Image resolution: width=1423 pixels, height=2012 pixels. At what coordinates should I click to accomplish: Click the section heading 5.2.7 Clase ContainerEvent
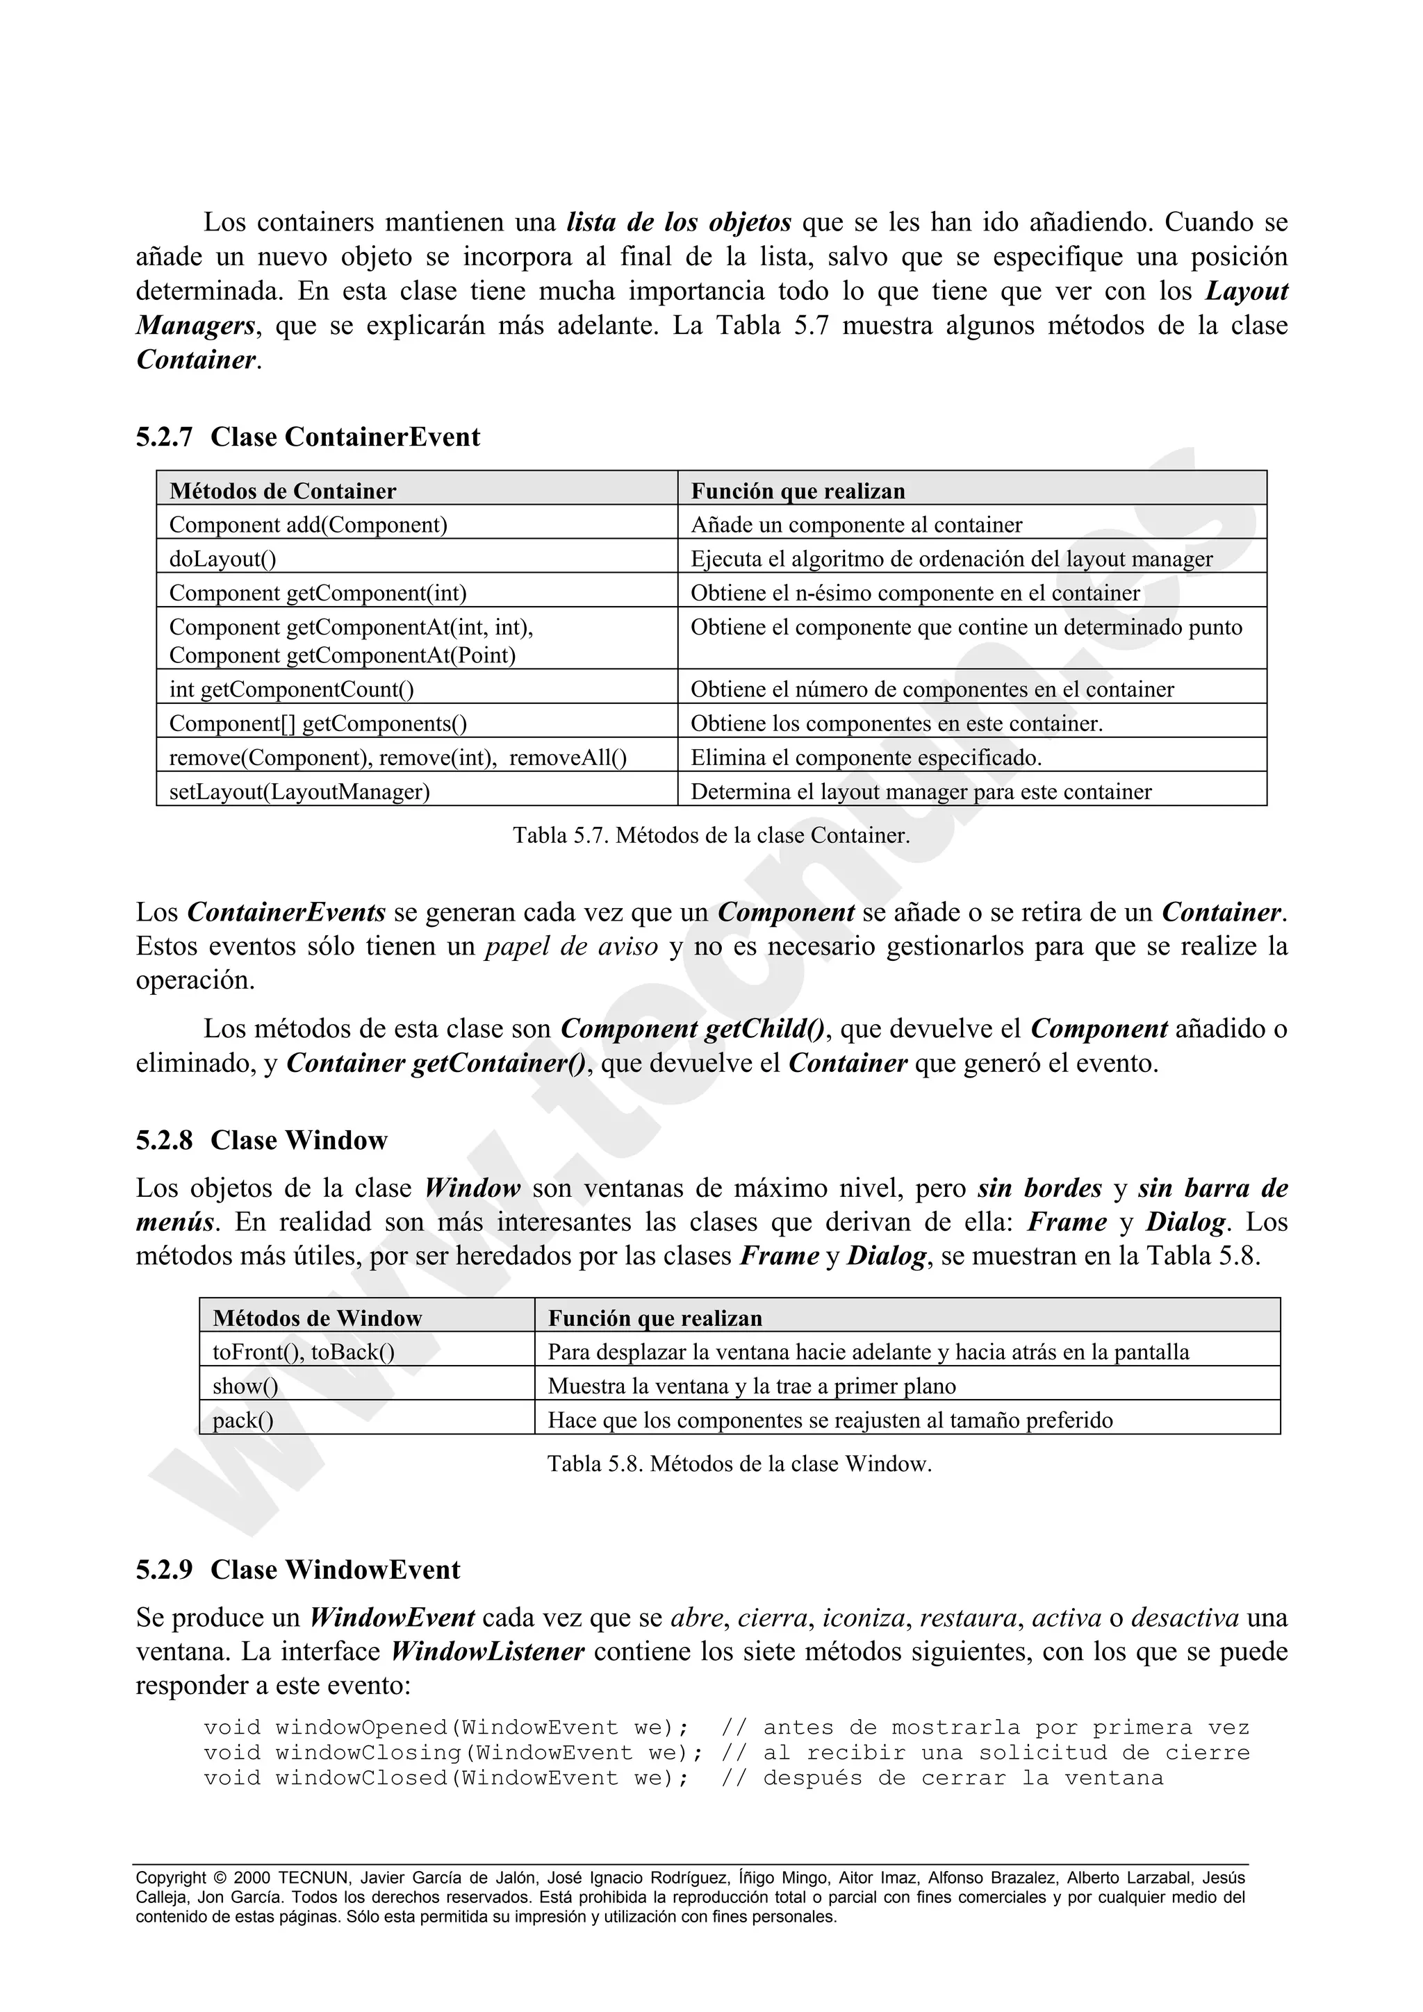[x=308, y=437]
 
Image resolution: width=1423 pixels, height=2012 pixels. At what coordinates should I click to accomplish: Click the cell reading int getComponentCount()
[x=291, y=689]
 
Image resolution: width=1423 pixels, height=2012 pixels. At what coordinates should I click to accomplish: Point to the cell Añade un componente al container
[x=856, y=525]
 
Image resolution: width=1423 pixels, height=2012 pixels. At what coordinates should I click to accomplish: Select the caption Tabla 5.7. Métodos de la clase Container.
[x=711, y=835]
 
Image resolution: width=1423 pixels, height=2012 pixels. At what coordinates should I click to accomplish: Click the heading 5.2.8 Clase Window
[x=261, y=1140]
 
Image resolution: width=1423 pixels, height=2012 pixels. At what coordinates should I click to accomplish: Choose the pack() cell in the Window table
[x=243, y=1420]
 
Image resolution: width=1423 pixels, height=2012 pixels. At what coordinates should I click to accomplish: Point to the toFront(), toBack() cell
[x=304, y=1352]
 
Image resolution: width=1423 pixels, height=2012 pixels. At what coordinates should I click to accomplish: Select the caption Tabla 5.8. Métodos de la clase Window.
[x=739, y=1464]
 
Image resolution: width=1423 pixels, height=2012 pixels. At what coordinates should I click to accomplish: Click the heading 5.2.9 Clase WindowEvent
[x=297, y=1570]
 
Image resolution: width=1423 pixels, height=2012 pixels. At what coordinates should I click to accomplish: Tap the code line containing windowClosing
[x=726, y=1752]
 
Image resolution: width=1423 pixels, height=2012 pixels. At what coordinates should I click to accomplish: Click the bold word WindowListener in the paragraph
[x=488, y=1652]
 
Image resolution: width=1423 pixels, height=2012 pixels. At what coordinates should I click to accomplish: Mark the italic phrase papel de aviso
[x=570, y=947]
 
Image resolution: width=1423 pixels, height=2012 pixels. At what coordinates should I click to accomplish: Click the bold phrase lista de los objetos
[x=679, y=223]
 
